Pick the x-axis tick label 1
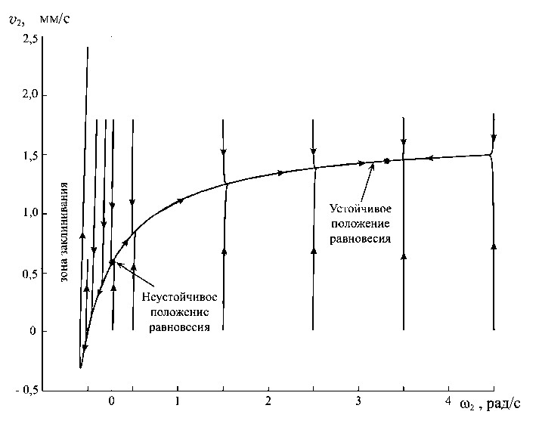point(178,401)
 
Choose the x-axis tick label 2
point(268,401)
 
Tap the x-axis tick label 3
point(358,401)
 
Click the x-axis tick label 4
point(448,400)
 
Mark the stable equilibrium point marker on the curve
point(386,161)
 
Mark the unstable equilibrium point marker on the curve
point(113,262)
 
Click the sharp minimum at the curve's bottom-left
point(80,367)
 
